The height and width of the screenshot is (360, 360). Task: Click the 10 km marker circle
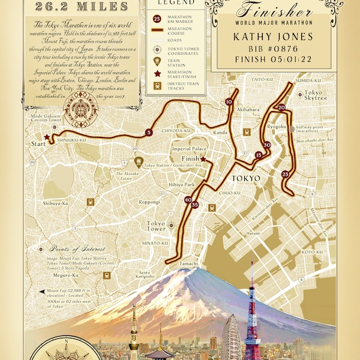click(229, 103)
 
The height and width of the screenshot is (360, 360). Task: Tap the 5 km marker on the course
click(148, 132)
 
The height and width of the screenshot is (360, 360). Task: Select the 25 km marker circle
click(285, 174)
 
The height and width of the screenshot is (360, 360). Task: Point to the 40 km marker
click(188, 200)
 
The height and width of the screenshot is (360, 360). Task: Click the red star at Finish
click(204, 160)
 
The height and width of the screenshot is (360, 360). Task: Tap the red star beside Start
click(47, 137)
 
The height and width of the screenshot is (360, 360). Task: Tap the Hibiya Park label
click(181, 185)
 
